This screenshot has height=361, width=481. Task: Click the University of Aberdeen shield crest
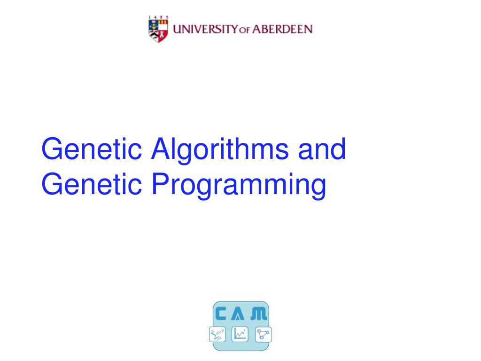158,31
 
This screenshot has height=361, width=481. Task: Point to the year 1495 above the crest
158,17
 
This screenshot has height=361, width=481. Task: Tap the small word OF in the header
245,30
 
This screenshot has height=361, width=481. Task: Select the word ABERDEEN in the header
282,29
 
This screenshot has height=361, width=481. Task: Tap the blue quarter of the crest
154,25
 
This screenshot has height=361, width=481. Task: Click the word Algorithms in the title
220,150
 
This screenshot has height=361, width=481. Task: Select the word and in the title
322,149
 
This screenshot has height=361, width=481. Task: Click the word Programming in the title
239,185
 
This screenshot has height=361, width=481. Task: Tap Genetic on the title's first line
92,149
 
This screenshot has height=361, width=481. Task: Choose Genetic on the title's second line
92,184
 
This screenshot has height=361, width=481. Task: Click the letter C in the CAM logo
221,314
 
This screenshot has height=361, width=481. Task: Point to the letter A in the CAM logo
238,314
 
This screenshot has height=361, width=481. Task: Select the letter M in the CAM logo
259,314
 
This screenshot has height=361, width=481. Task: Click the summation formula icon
217,334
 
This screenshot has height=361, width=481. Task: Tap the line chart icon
240,334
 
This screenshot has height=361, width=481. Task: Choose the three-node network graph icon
263,334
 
